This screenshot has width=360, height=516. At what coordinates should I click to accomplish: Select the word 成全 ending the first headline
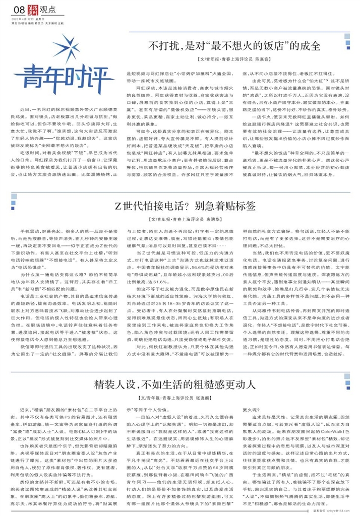point(310,46)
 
